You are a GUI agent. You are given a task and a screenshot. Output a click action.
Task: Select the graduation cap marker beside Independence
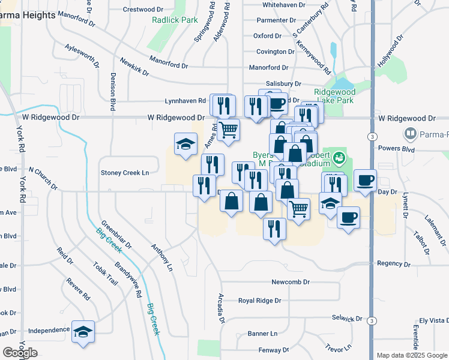83,332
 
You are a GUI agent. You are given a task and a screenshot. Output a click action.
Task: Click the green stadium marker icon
339,158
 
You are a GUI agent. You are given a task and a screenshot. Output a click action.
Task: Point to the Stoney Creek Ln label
124,173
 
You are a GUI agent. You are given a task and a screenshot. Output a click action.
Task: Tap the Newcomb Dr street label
290,281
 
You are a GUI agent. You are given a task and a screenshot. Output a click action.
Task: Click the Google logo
20,352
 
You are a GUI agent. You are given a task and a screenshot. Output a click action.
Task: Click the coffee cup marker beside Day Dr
365,179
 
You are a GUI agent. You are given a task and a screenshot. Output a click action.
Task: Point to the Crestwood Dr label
143,9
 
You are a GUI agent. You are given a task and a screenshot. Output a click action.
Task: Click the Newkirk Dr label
134,67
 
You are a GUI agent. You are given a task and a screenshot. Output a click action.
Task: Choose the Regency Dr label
393,263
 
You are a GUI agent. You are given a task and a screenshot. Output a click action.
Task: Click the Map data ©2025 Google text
412,355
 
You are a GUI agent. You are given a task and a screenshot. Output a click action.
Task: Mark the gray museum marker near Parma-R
411,133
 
